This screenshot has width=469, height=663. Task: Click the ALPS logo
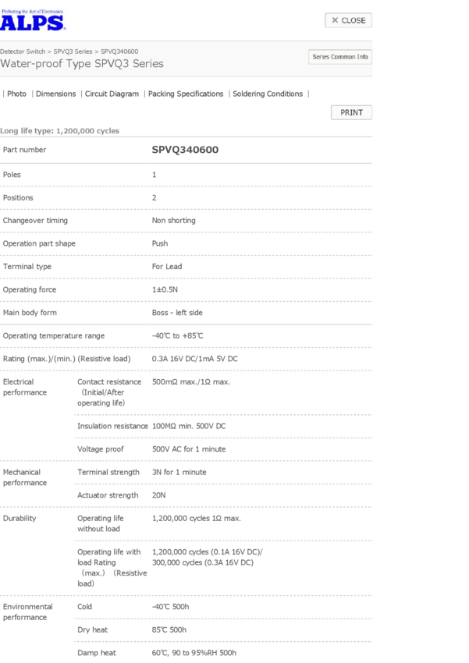coord(33,20)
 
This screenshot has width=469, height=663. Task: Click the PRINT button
coord(351,112)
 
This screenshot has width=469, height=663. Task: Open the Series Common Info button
coord(340,57)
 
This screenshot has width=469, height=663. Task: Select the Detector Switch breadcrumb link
coord(23,51)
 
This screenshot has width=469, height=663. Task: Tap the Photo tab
coord(16,94)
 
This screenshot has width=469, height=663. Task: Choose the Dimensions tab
coord(55,94)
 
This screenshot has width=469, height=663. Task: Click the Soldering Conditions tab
coord(268,94)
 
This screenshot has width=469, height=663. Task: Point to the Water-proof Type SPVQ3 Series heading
coord(82,64)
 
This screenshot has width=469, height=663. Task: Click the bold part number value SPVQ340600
coord(185,149)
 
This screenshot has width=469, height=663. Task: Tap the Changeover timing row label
coord(35,221)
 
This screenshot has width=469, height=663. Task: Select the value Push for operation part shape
coord(159,243)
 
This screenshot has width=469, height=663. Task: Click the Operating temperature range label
coord(54,335)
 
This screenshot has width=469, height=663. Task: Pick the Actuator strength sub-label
coord(108,495)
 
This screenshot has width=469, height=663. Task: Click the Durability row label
coord(19,518)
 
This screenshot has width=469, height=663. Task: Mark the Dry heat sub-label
coord(92,629)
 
